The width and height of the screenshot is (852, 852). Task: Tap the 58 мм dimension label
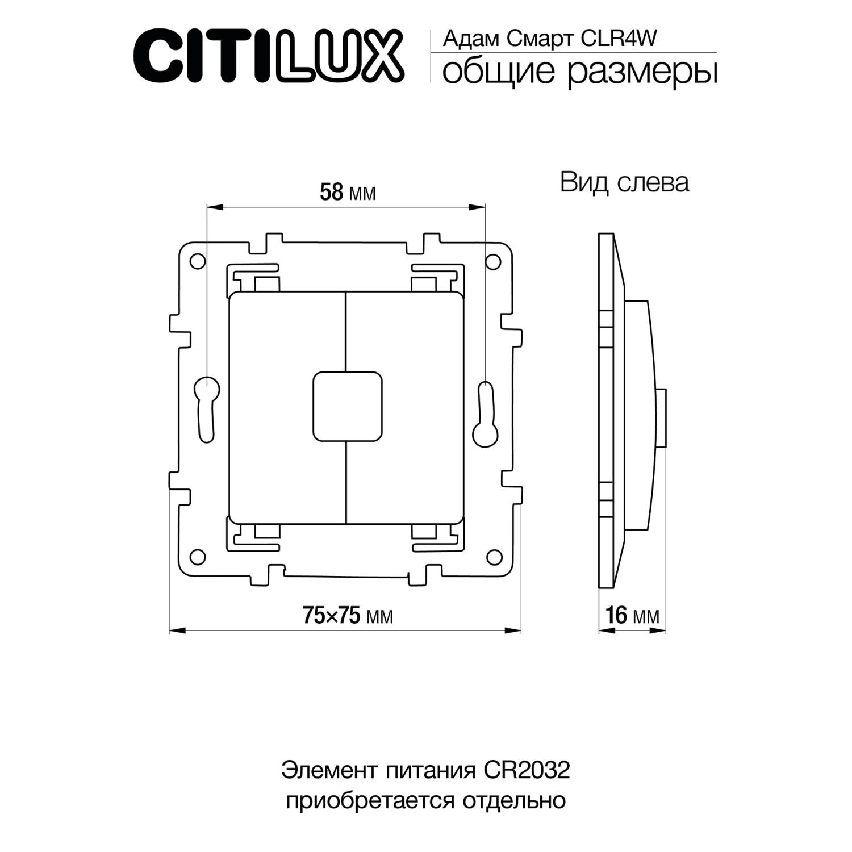coord(347,193)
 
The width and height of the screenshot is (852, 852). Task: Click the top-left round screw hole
coord(197,261)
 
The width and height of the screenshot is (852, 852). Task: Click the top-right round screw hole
coord(493,261)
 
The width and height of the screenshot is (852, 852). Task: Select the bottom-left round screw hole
coord(197,556)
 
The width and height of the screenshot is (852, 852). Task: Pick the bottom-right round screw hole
coord(493,556)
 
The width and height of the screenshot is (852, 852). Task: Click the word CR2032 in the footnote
coord(526,771)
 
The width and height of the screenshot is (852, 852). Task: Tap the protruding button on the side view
coord(661,418)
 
